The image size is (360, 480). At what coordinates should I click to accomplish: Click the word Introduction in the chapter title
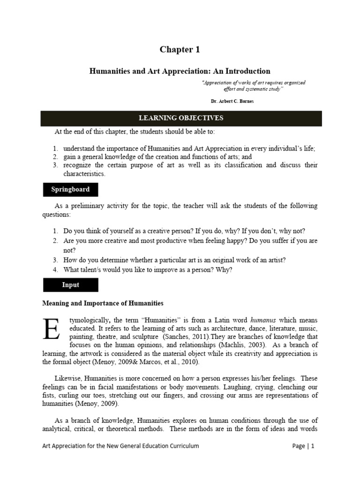pyautogui.click(x=247, y=71)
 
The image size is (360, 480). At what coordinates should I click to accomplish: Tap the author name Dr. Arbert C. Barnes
pyautogui.click(x=233, y=101)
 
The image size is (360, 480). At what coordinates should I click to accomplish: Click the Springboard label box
pyautogui.click(x=70, y=190)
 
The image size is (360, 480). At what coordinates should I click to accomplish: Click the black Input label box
pyautogui.click(x=70, y=285)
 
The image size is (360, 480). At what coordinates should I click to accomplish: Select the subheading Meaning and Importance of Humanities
pyautogui.click(x=103, y=303)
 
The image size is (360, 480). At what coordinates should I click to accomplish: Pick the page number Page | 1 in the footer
pyautogui.click(x=303, y=446)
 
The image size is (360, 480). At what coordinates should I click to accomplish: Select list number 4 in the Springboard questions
pyautogui.click(x=55, y=270)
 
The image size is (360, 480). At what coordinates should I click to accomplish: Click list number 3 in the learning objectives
pyautogui.click(x=55, y=165)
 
